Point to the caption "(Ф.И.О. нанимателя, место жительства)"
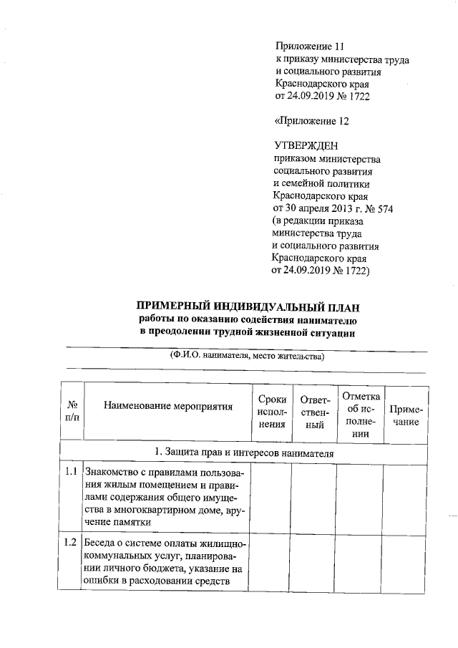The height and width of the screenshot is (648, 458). [246, 355]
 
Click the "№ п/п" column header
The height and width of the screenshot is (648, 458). [72, 410]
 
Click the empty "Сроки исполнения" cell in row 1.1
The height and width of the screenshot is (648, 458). [272, 497]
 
